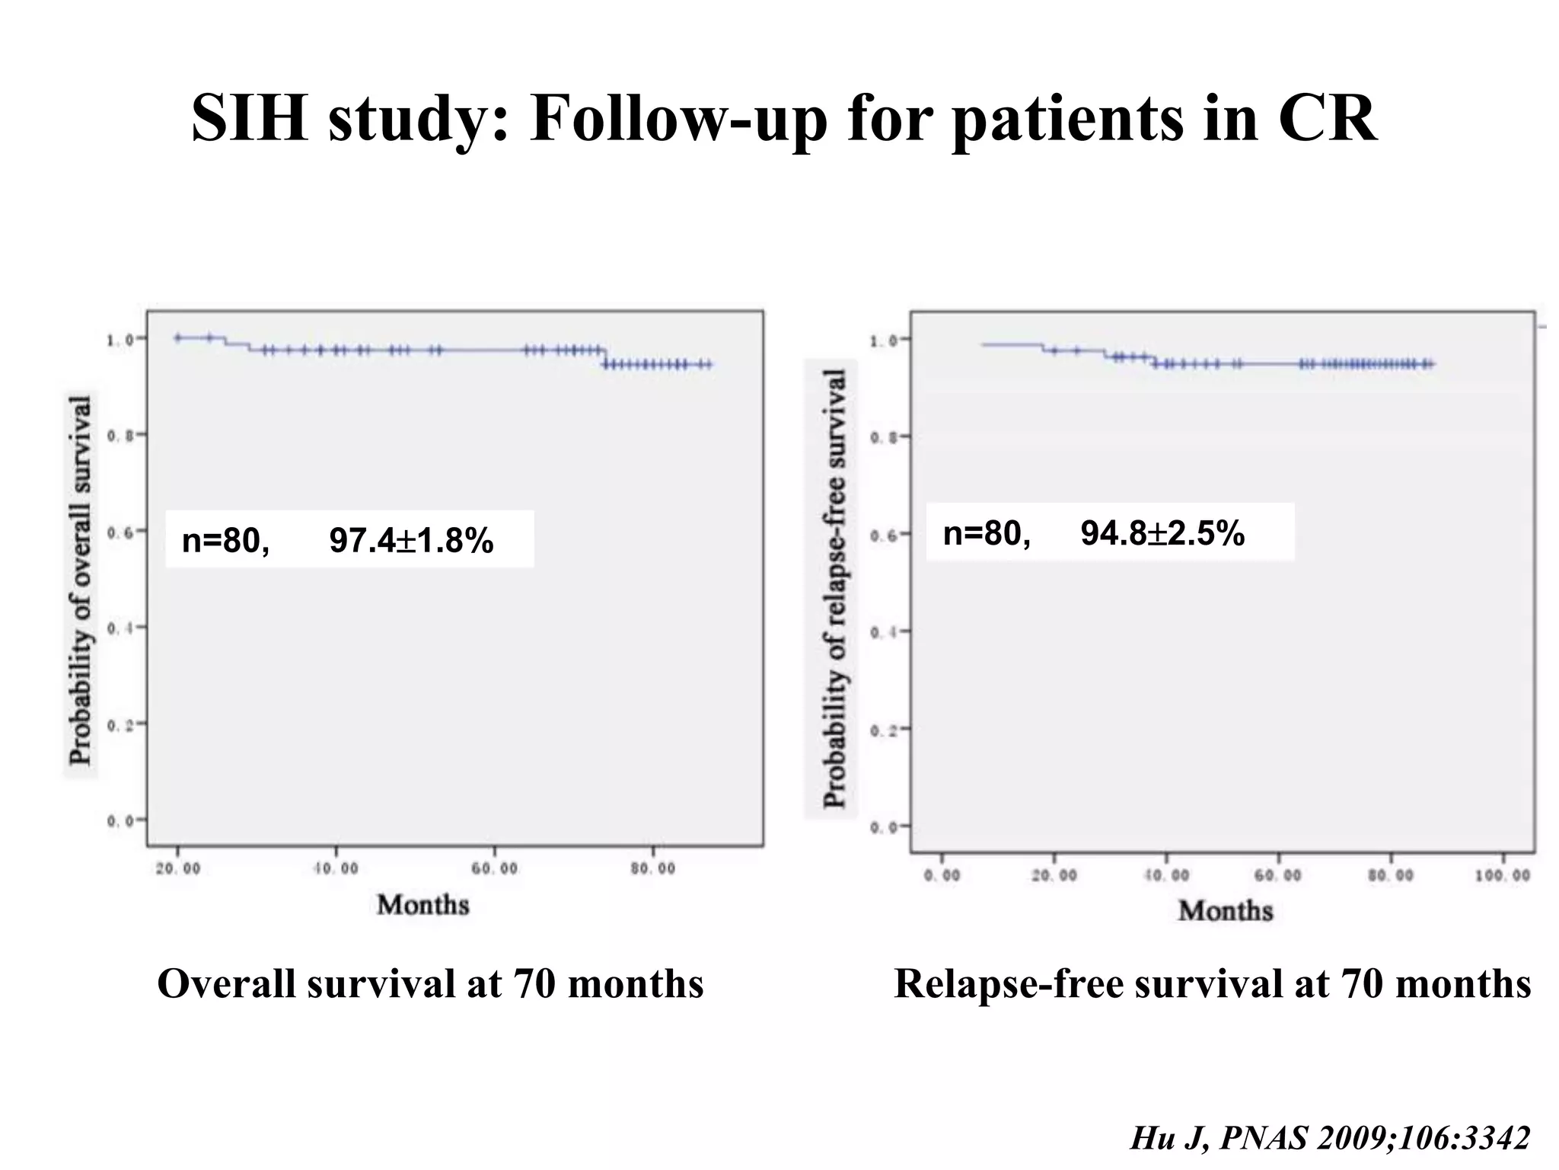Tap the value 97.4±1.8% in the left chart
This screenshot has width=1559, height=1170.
pos(411,541)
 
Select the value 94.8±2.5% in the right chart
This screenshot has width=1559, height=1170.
pos(1162,533)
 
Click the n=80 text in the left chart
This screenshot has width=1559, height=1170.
pos(225,541)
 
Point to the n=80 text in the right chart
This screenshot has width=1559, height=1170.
pos(987,533)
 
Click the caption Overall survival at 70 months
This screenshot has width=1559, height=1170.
pos(430,983)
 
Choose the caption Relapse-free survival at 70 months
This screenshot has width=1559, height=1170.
pos(1212,983)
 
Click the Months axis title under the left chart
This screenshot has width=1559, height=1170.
pos(423,905)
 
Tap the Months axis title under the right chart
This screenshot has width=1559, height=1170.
pos(1226,910)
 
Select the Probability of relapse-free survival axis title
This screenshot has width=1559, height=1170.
pos(835,588)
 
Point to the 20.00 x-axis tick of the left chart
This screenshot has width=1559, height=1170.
pos(178,869)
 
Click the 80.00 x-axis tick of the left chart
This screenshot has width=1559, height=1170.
pos(653,869)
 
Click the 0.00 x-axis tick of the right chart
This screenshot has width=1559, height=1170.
pos(942,876)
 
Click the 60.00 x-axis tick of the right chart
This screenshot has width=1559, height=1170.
pos(1278,876)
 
